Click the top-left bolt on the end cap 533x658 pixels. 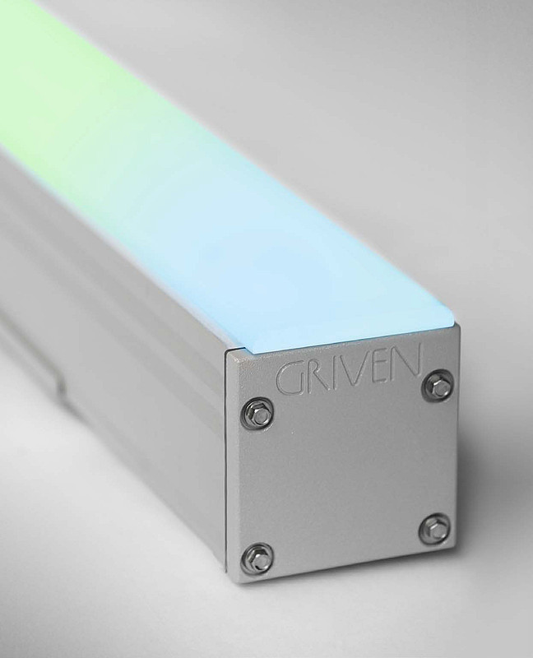pyautogui.click(x=258, y=413)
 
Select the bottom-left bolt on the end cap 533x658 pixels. pyautogui.click(x=257, y=557)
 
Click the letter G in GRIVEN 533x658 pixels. pyautogui.click(x=290, y=380)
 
